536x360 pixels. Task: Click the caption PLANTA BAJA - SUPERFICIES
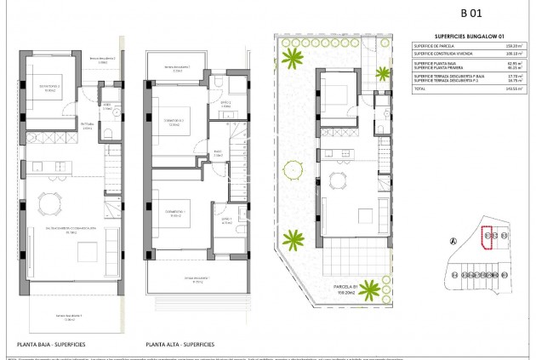pyautogui.click(x=50, y=345)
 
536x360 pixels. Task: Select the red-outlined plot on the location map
pyautogui.click(x=488, y=237)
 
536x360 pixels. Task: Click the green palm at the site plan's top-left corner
pyautogui.click(x=294, y=59)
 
